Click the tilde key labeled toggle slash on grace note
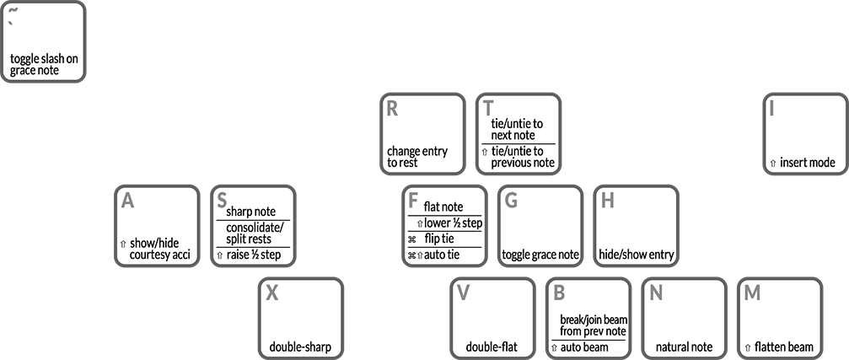(43, 41)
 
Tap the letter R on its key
(392, 109)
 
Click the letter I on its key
(771, 109)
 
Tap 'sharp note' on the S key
(250, 212)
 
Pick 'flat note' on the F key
(443, 207)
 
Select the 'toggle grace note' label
(540, 255)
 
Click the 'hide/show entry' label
(637, 255)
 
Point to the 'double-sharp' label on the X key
(300, 347)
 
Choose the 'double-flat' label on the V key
(492, 347)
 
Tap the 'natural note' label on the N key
(684, 347)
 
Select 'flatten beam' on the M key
(783, 347)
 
